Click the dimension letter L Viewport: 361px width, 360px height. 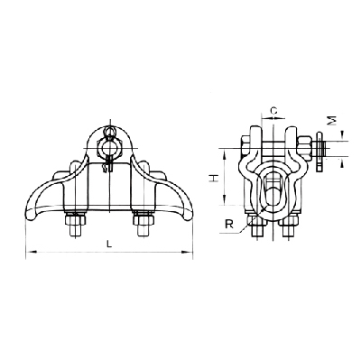click(110, 244)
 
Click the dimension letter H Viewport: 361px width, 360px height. click(214, 179)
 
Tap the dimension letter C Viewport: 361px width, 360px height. click(273, 111)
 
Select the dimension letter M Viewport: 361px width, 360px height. click(332, 120)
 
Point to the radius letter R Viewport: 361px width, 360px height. click(229, 225)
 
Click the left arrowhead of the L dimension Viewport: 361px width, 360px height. click(30, 252)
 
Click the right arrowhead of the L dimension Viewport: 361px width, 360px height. click(188, 252)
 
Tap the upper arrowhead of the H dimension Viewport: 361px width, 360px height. click(224, 154)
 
